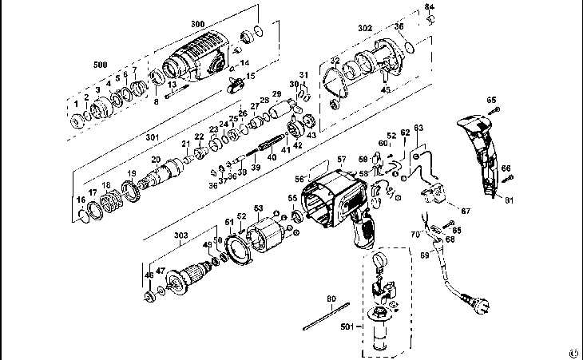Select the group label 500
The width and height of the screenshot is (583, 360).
click(100, 64)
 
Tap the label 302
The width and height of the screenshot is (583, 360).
click(364, 28)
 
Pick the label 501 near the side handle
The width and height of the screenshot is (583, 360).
click(346, 326)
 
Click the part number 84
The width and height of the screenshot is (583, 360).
click(430, 7)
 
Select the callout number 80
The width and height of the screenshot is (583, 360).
click(331, 301)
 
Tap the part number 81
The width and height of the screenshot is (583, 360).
click(508, 200)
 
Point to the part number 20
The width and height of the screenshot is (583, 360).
click(157, 159)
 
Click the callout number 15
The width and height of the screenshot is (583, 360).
click(250, 76)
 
